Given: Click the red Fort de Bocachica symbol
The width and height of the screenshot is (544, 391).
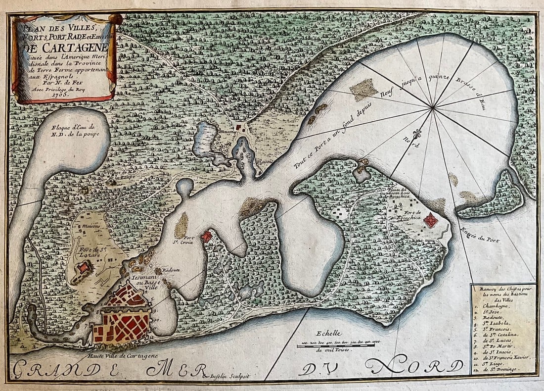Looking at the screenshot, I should [431, 220].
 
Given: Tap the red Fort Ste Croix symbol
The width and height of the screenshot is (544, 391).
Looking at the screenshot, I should [206, 237].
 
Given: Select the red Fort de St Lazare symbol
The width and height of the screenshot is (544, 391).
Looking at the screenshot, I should [83, 268].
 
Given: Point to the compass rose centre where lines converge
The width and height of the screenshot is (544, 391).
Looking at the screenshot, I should [433, 107].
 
